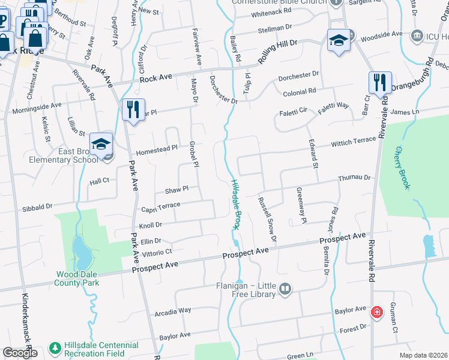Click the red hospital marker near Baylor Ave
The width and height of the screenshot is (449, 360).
[376, 312]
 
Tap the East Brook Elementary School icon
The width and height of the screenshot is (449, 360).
[101, 144]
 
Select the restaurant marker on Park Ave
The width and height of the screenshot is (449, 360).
[131, 109]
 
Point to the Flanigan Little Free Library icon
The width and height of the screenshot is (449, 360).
[285, 290]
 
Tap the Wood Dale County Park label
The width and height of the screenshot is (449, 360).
[77, 278]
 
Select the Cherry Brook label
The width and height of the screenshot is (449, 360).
[402, 169]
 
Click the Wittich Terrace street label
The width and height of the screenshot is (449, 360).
[354, 142]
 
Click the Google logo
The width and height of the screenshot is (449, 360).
[20, 353]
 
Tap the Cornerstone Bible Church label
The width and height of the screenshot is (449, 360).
[280, 2]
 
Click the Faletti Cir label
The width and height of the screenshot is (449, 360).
[294, 111]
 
